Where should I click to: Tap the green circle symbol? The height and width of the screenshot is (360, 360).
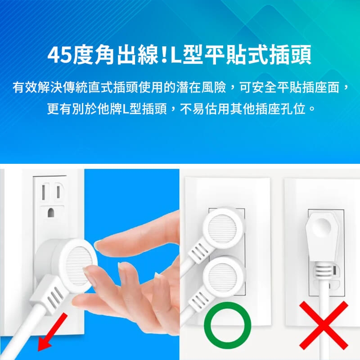point(227,328)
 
